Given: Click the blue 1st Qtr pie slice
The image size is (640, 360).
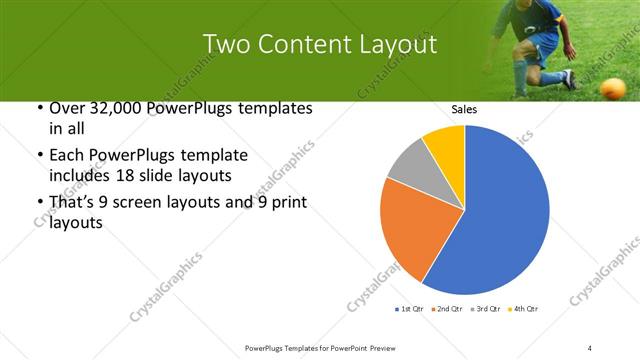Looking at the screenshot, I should click(x=500, y=210).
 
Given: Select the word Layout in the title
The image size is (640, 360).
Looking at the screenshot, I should click(x=394, y=45).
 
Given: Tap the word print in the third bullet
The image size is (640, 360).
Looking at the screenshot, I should click(x=286, y=203).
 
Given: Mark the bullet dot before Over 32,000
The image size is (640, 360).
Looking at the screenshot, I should click(x=38, y=108).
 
